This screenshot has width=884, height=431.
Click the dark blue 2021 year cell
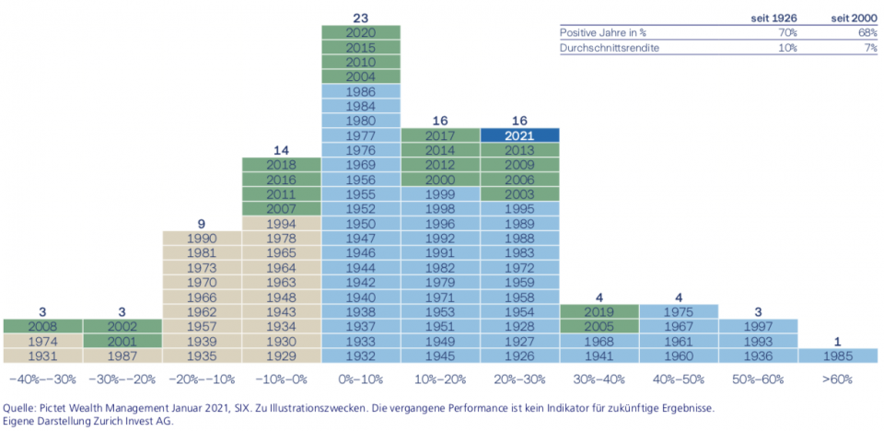pyautogui.click(x=519, y=135)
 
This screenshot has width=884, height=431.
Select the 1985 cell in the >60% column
pyautogui.click(x=838, y=355)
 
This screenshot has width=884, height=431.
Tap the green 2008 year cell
pyautogui.click(x=42, y=326)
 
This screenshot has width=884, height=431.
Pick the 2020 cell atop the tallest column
pyautogui.click(x=361, y=32)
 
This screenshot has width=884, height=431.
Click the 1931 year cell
pyautogui.click(x=42, y=355)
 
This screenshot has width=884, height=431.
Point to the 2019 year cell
pyautogui.click(x=599, y=311)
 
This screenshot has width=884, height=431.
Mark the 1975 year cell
pyautogui.click(x=679, y=311)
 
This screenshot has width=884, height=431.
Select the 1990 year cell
pyautogui.click(x=202, y=238)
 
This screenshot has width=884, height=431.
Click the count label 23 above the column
pyautogui.click(x=361, y=17)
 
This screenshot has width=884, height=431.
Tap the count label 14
pyautogui.click(x=281, y=149)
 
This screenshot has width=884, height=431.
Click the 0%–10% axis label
pyautogui.click(x=361, y=379)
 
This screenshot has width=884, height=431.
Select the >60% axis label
pyautogui.click(x=838, y=379)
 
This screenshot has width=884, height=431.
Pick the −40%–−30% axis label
pyautogui.click(x=42, y=379)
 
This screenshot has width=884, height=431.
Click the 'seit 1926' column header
pyautogui.click(x=774, y=17)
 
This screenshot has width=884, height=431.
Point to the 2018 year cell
pyautogui.click(x=281, y=165)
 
